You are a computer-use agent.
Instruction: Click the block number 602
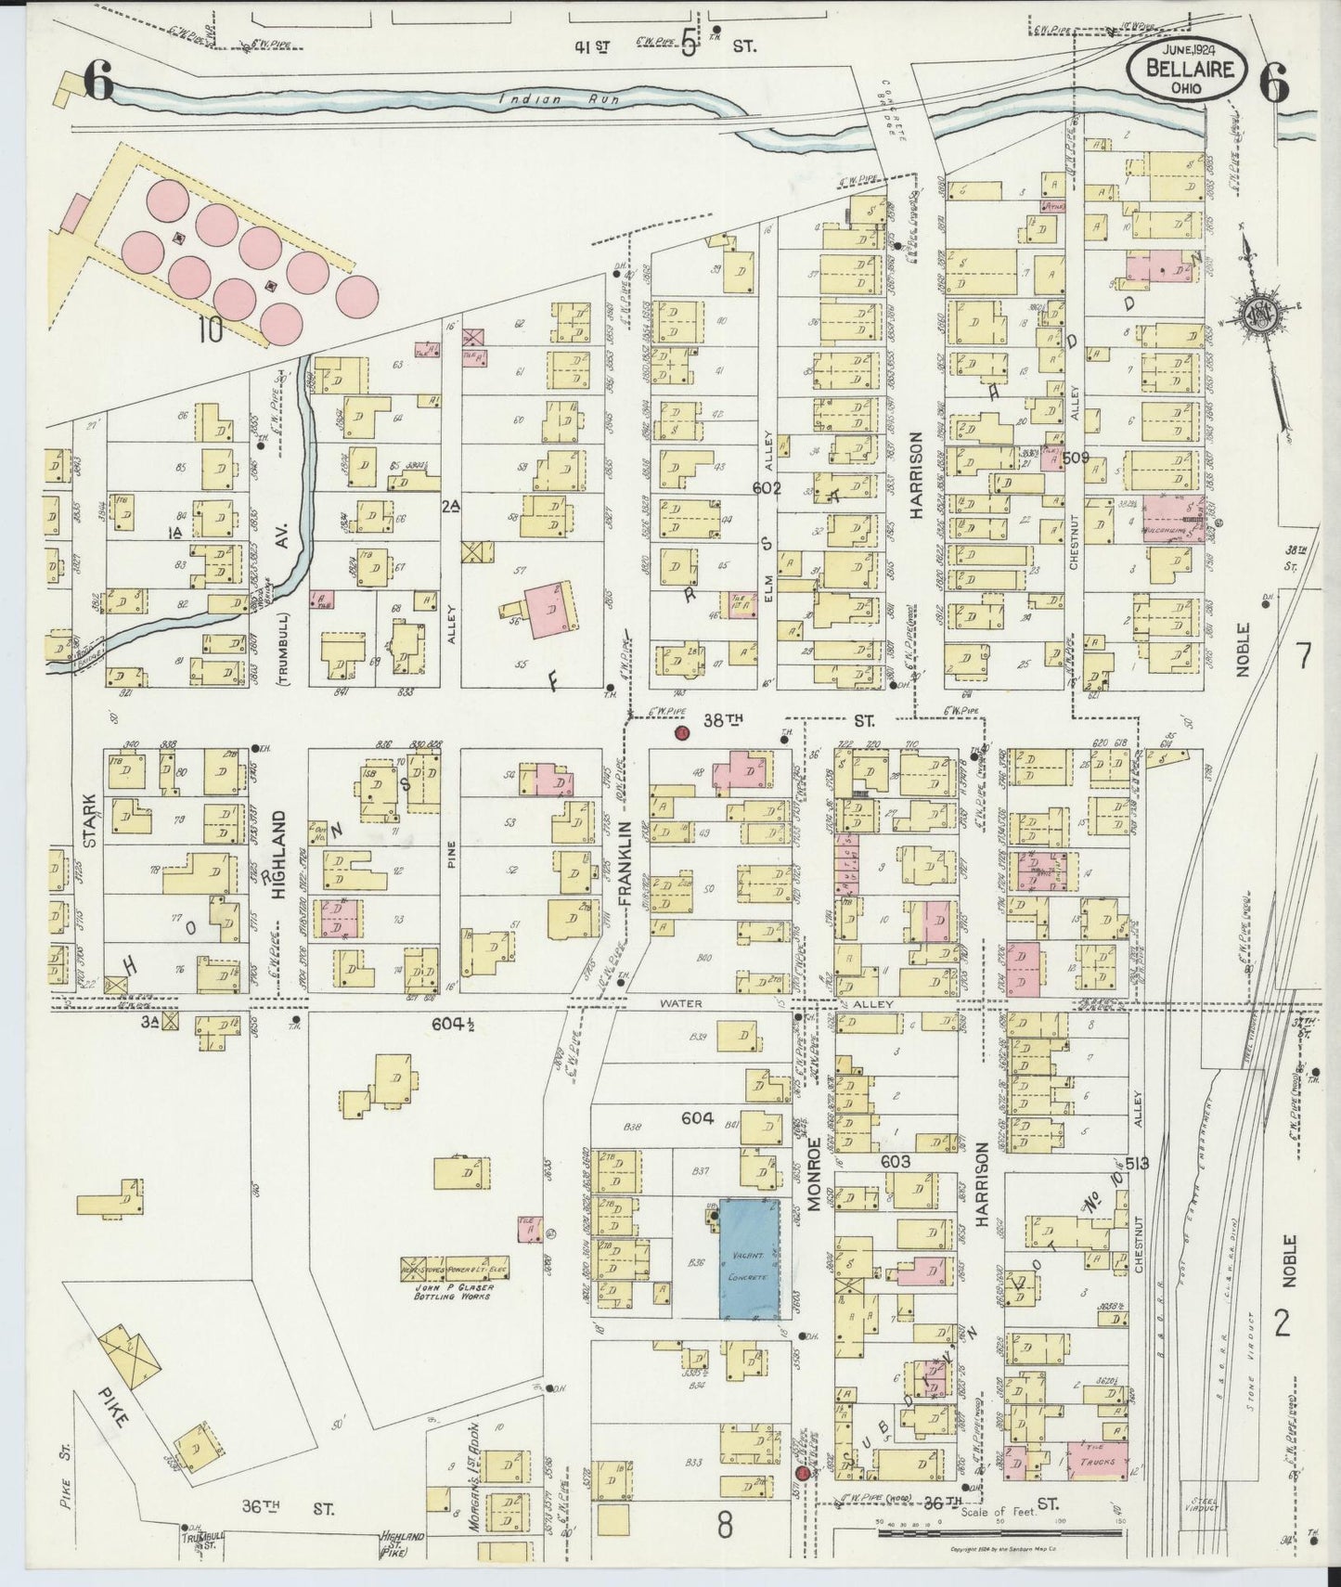pyautogui.click(x=767, y=488)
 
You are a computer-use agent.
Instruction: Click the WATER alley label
pyautogui.click(x=682, y=1004)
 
